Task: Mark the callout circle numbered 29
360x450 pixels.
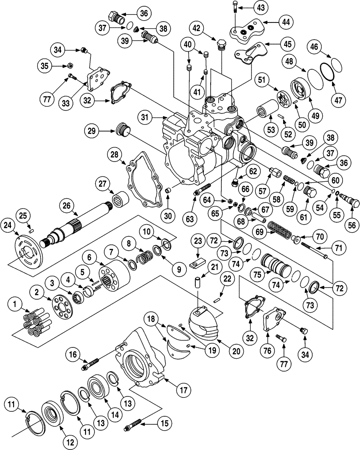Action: [92, 131]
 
